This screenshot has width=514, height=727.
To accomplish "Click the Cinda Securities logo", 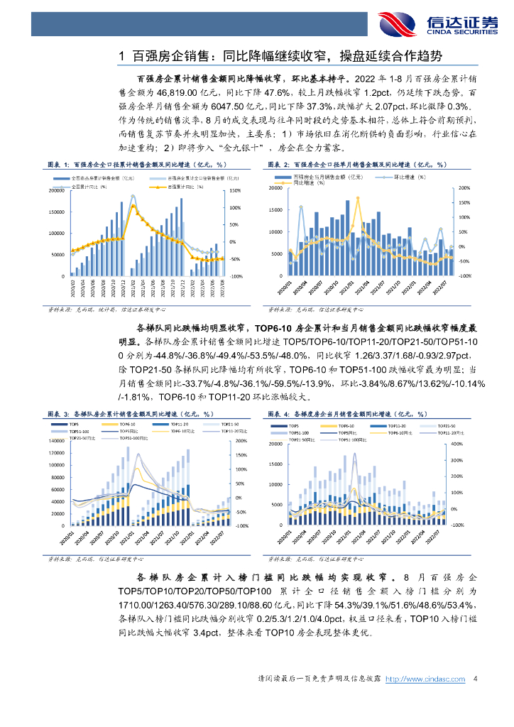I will coord(437,23).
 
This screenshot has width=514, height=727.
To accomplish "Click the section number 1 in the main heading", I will coord(123,55).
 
